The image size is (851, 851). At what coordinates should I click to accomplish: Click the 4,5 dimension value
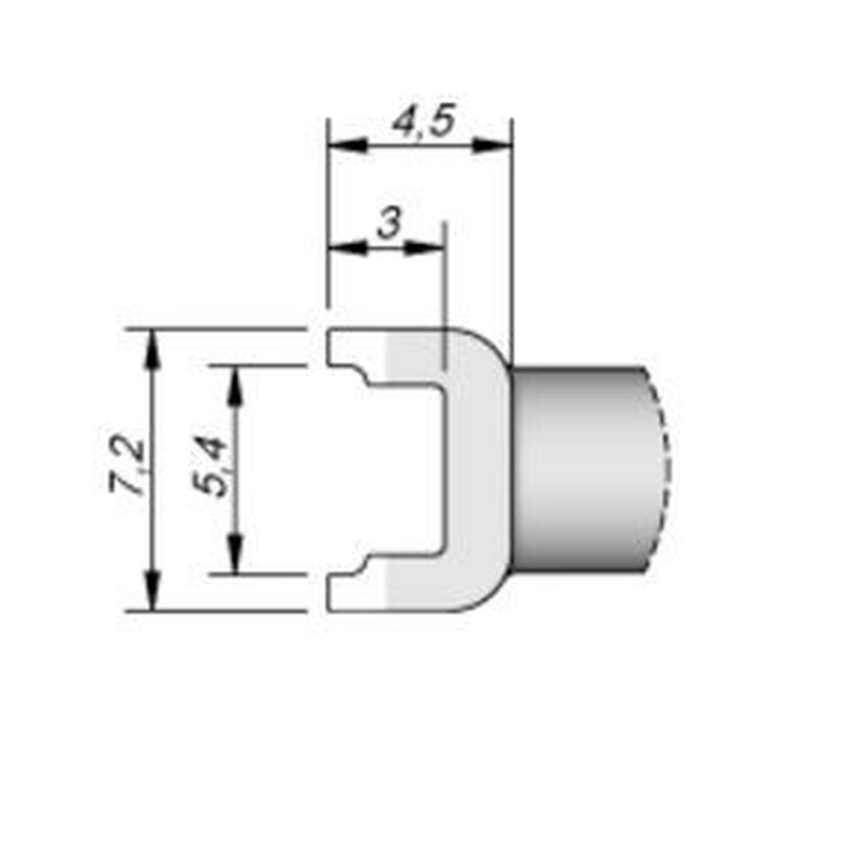[423, 123]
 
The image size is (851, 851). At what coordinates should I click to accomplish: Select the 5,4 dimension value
[211, 466]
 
